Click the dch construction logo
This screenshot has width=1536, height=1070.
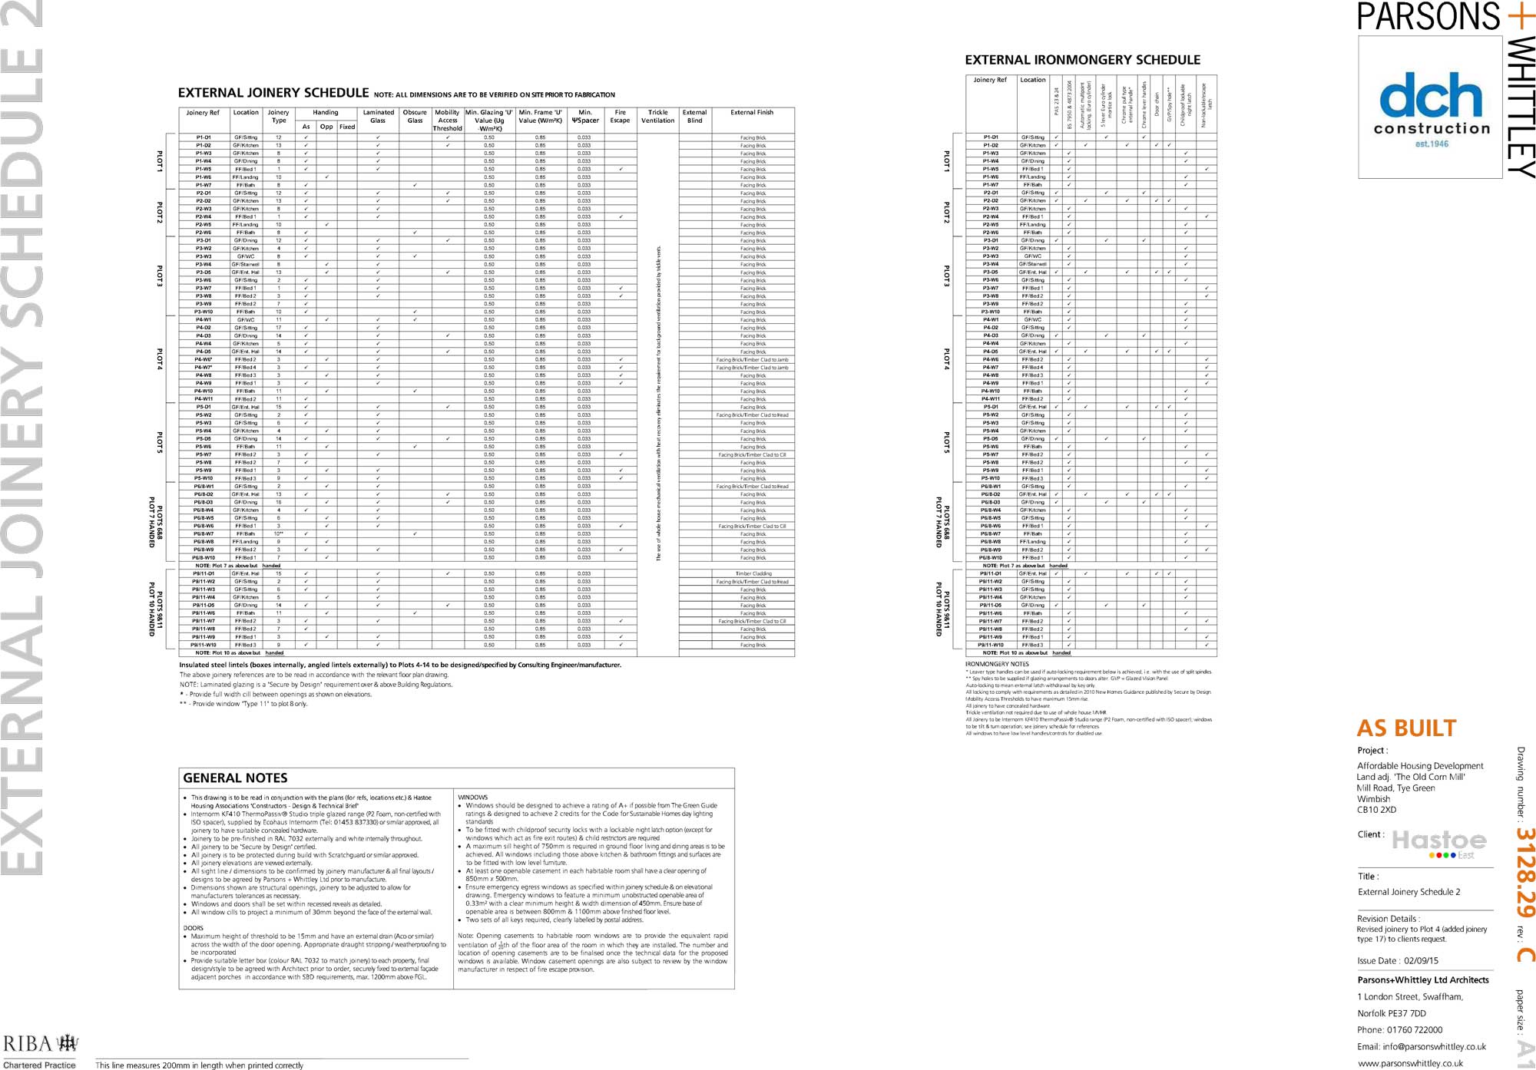click(1431, 107)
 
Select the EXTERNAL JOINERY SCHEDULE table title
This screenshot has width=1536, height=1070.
click(273, 93)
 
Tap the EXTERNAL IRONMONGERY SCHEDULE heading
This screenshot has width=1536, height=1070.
click(1081, 60)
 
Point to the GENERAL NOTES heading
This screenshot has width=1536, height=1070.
click(235, 778)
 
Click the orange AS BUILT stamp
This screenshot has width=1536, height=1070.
click(1406, 728)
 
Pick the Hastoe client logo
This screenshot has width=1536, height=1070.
click(1439, 844)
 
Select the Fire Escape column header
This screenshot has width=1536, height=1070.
click(620, 117)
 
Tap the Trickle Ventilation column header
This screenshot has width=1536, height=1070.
click(658, 117)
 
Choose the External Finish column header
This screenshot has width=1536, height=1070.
click(752, 113)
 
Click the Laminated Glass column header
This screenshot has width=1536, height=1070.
click(378, 117)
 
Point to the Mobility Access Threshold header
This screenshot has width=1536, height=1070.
click(447, 121)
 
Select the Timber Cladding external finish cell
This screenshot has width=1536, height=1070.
click(753, 573)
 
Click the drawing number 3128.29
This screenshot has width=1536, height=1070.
click(1525, 872)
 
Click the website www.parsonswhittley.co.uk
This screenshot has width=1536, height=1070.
click(1410, 1063)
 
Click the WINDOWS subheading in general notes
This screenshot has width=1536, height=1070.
click(473, 798)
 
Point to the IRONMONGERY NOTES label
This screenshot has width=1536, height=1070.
click(997, 664)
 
